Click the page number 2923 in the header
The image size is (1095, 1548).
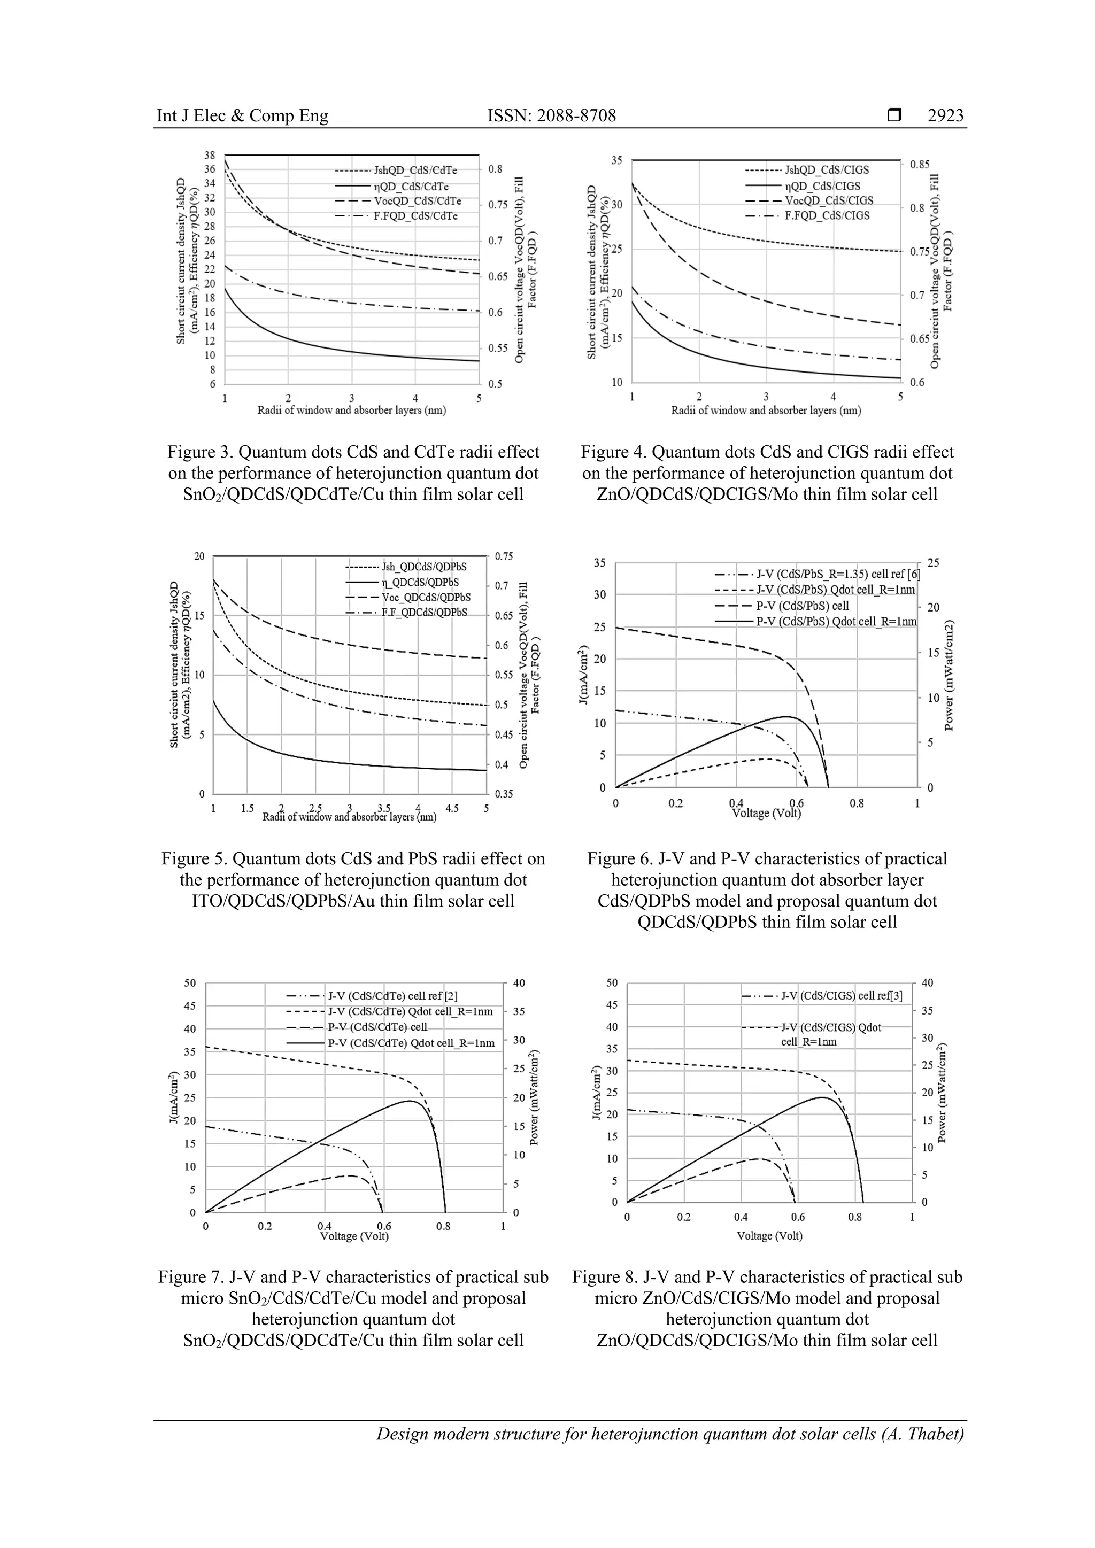[945, 116]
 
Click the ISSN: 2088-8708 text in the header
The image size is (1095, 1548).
[552, 116]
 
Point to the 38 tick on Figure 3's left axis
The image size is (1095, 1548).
[210, 155]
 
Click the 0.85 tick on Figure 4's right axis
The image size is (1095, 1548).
[920, 165]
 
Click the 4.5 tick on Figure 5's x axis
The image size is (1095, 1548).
[452, 808]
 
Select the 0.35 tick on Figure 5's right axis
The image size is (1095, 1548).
[504, 794]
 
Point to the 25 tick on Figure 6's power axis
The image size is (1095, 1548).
[933, 563]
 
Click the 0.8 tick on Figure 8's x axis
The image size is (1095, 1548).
[855, 1217]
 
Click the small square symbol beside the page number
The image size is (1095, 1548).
[894, 116]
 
